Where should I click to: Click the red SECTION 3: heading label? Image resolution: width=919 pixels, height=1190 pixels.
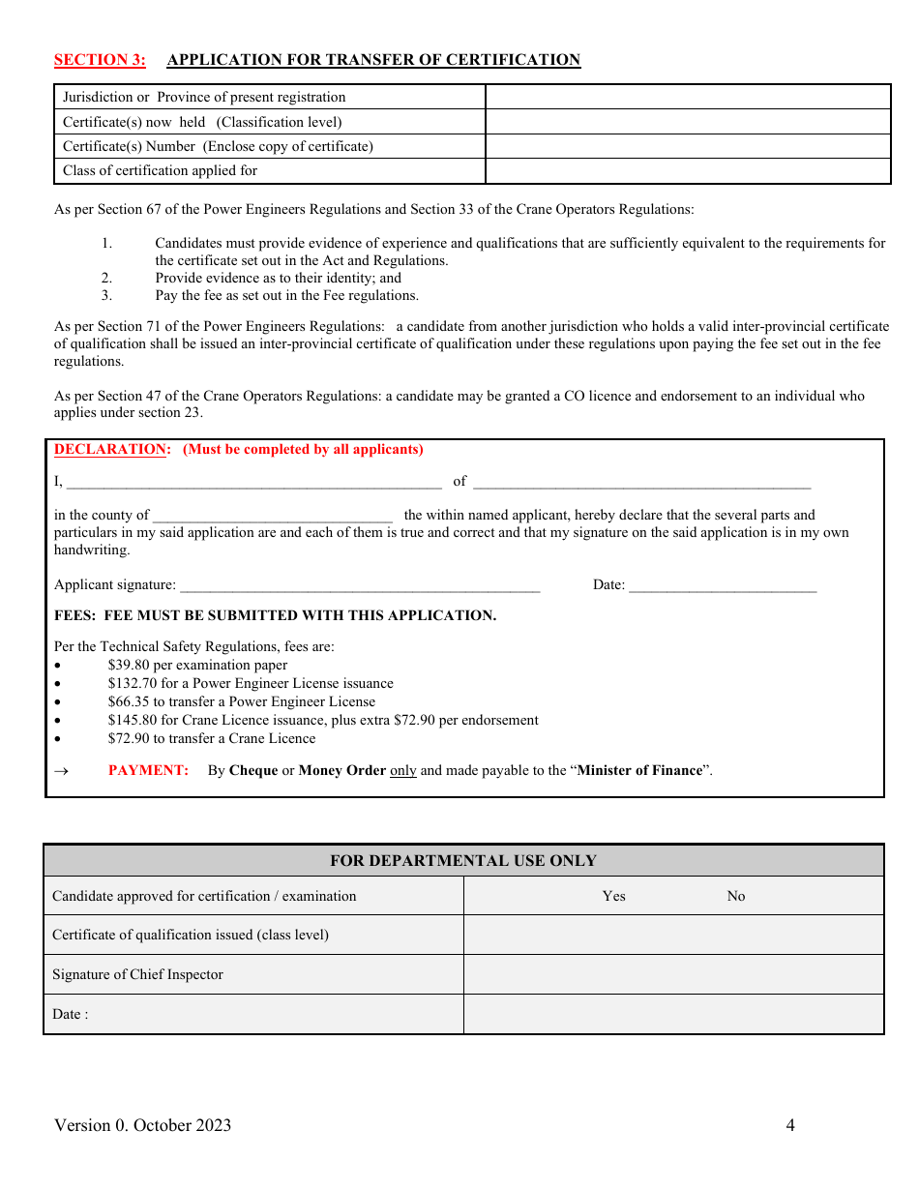[100, 60]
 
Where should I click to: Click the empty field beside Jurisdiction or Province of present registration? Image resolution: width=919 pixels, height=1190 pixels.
[687, 97]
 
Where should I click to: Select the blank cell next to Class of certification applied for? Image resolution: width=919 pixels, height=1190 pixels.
[687, 171]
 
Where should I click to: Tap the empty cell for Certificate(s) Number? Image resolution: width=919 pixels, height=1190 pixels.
[687, 146]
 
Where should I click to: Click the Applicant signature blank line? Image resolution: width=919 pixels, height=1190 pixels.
[360, 584]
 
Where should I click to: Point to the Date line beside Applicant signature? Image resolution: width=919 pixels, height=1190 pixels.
[723, 584]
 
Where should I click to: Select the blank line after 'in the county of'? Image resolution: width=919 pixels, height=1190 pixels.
[273, 515]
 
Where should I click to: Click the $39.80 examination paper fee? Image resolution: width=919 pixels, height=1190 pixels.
[129, 666]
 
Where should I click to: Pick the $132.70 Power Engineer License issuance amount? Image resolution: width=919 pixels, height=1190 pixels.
[133, 684]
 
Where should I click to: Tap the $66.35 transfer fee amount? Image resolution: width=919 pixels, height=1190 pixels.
[129, 702]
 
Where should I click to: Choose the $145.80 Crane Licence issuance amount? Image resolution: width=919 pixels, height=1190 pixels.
[133, 721]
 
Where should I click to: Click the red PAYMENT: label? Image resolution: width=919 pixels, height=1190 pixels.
[148, 771]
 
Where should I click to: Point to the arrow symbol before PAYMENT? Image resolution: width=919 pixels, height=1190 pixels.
[61, 771]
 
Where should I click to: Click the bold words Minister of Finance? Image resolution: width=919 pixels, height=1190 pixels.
[639, 771]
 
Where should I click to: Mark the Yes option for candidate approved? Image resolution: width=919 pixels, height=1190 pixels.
[613, 896]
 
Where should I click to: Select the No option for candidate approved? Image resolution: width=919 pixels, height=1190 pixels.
[736, 896]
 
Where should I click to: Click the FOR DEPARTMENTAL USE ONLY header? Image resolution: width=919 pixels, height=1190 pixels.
[463, 861]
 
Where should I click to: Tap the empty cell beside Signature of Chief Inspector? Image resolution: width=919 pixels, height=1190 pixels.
[673, 974]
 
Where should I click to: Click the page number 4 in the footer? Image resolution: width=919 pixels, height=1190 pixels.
[790, 1125]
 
